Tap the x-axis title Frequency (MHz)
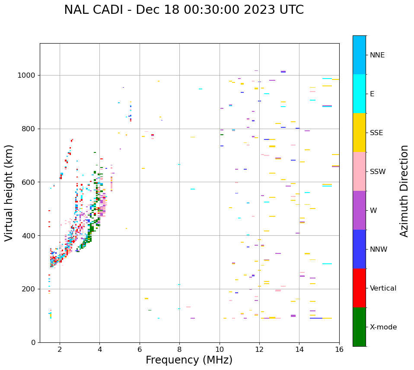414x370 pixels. (x=189, y=360)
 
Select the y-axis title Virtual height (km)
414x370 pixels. (x=9, y=193)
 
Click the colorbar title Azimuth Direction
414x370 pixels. (x=404, y=191)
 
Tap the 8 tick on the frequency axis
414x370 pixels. (x=179, y=349)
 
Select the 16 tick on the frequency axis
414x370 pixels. (x=339, y=349)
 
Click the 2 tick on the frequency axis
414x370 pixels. (x=60, y=349)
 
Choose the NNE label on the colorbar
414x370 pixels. (x=377, y=55)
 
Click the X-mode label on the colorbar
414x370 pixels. (x=383, y=327)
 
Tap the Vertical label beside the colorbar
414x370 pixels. (x=383, y=288)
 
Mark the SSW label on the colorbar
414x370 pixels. (x=378, y=172)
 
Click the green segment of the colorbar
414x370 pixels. (x=359, y=327)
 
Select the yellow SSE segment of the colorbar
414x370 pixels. (x=359, y=133)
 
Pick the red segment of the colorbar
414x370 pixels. (x=359, y=288)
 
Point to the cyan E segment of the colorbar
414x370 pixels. (x=359, y=94)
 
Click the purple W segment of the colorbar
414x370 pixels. (x=359, y=210)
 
